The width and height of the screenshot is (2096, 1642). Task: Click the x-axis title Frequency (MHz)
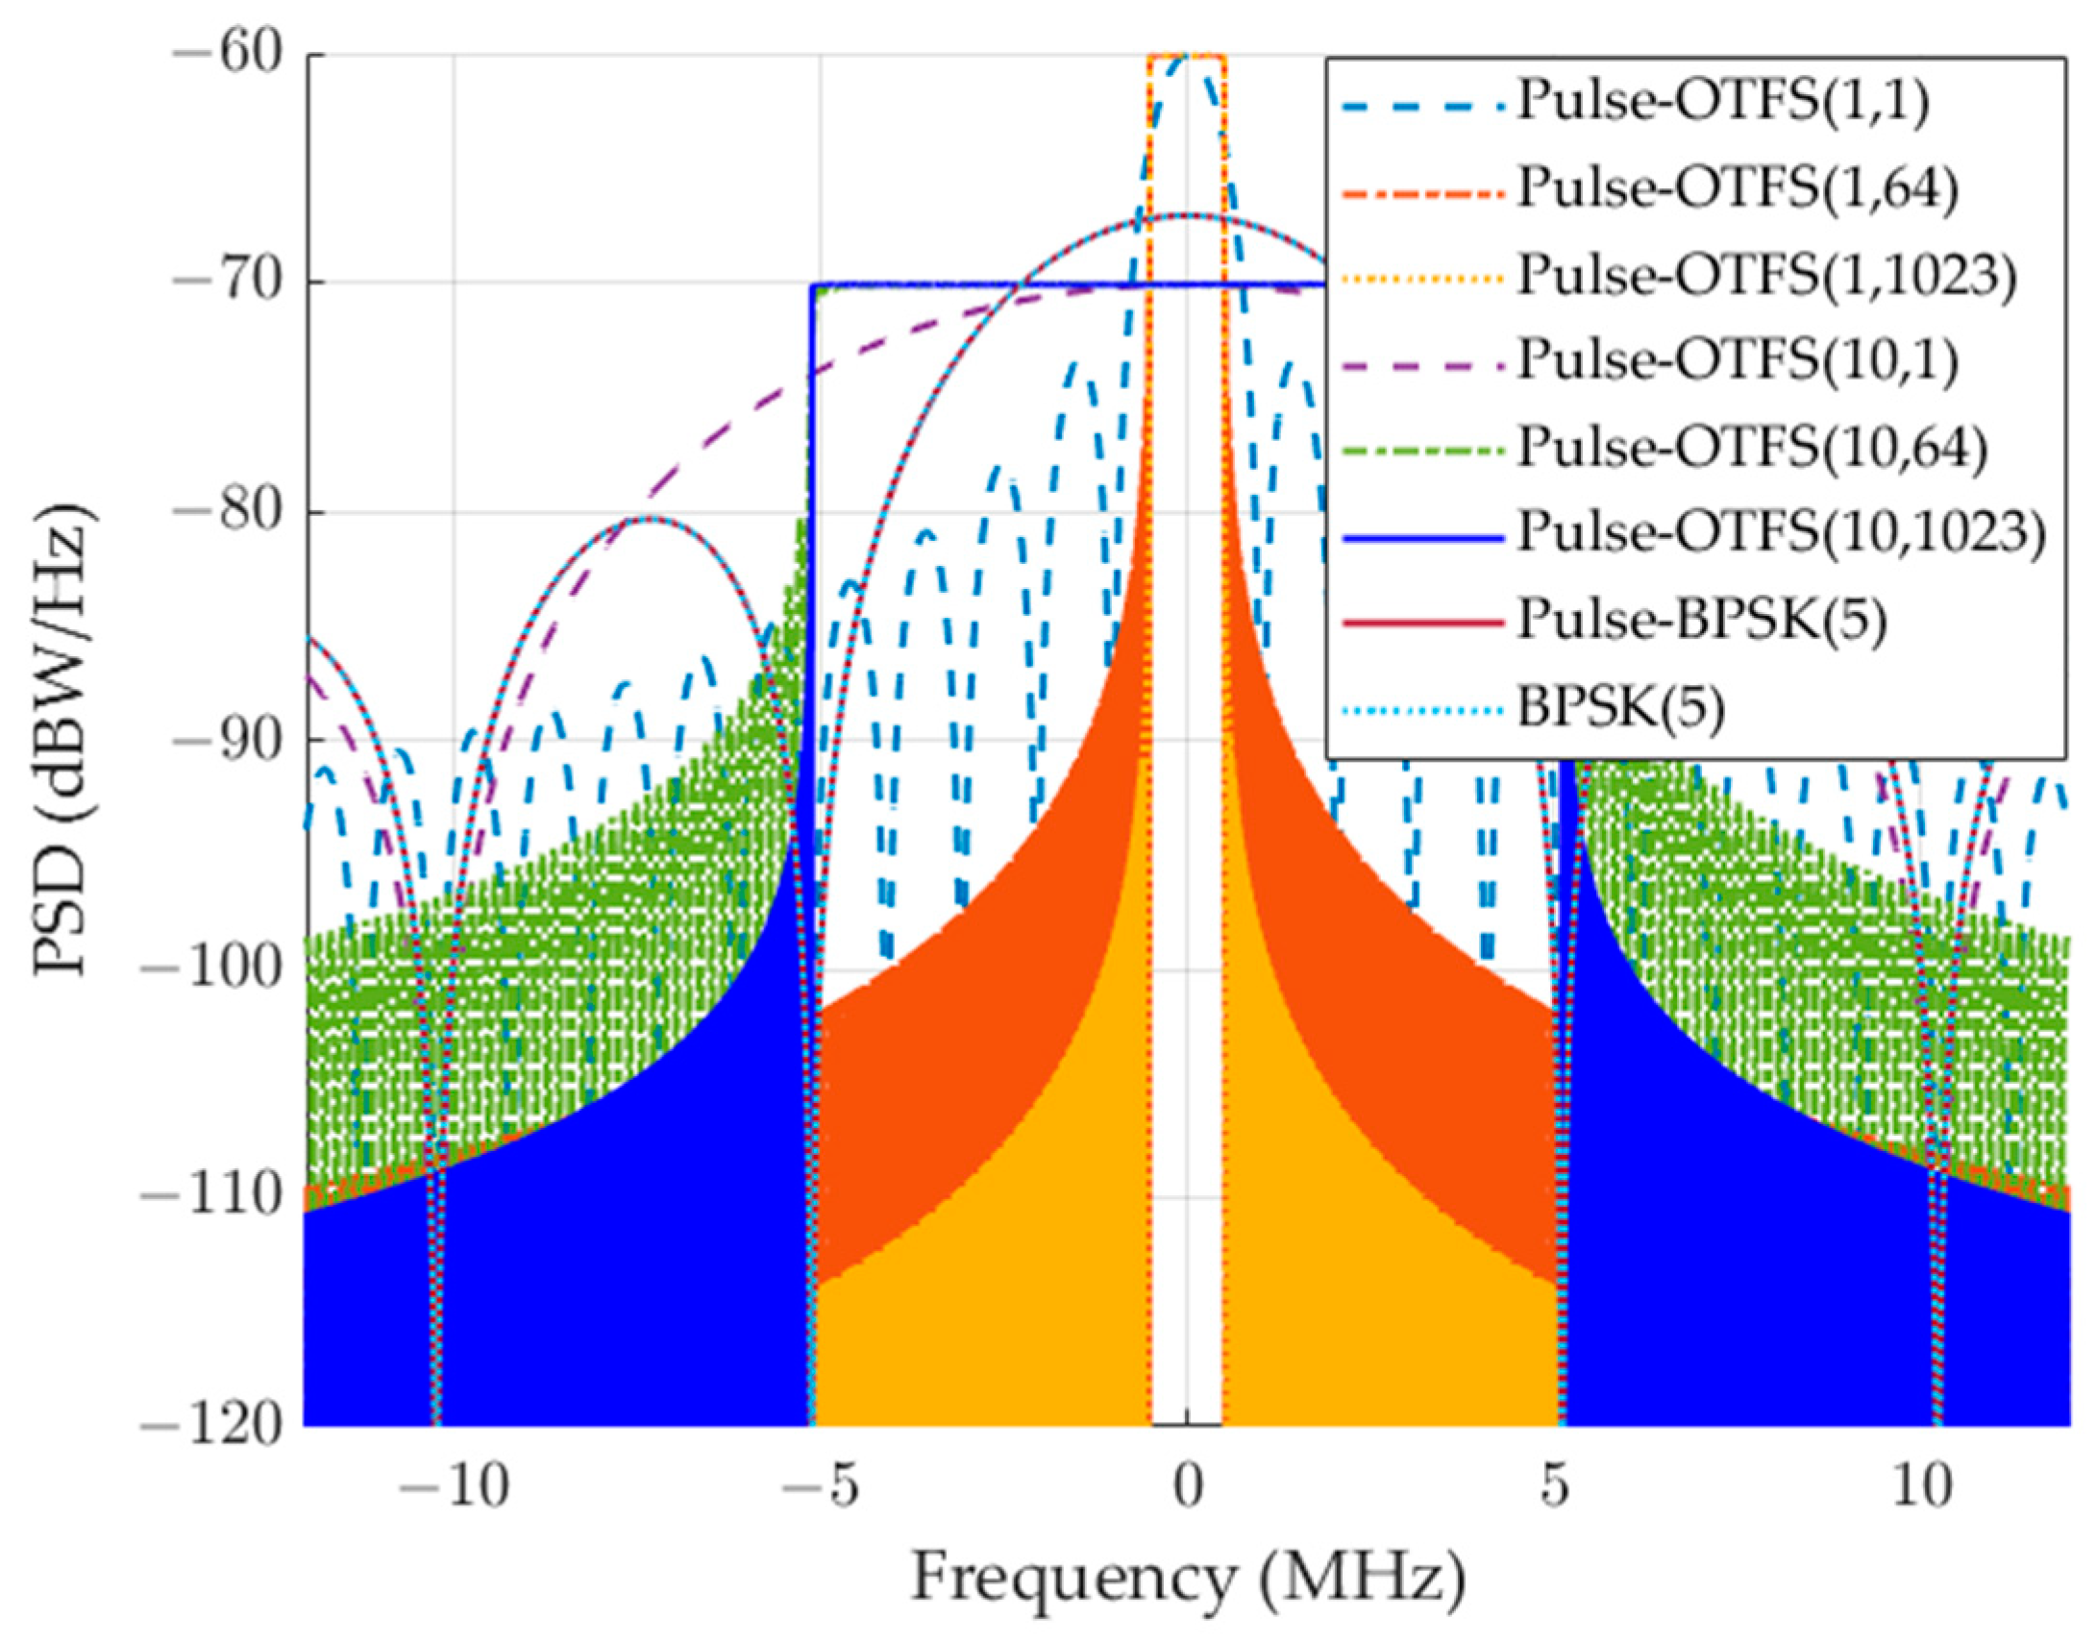(x=1189, y=1579)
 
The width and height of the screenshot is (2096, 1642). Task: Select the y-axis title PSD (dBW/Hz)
(x=67, y=740)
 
